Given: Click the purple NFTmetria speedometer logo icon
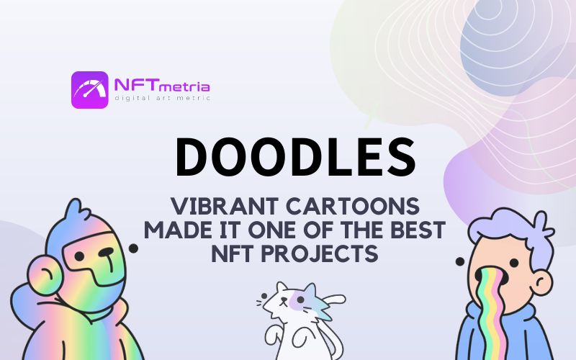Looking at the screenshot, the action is [89, 89].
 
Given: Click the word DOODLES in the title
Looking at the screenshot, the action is [296, 157].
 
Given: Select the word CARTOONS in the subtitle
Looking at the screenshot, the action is [353, 206].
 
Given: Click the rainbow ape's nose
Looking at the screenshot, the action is [106, 253].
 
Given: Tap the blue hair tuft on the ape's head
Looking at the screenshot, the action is [76, 210].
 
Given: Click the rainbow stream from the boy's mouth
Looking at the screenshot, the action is [492, 316].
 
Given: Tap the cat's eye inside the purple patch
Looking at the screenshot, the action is [300, 300].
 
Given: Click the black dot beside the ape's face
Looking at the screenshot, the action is [133, 248].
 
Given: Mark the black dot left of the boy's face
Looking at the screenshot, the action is [460, 261].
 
